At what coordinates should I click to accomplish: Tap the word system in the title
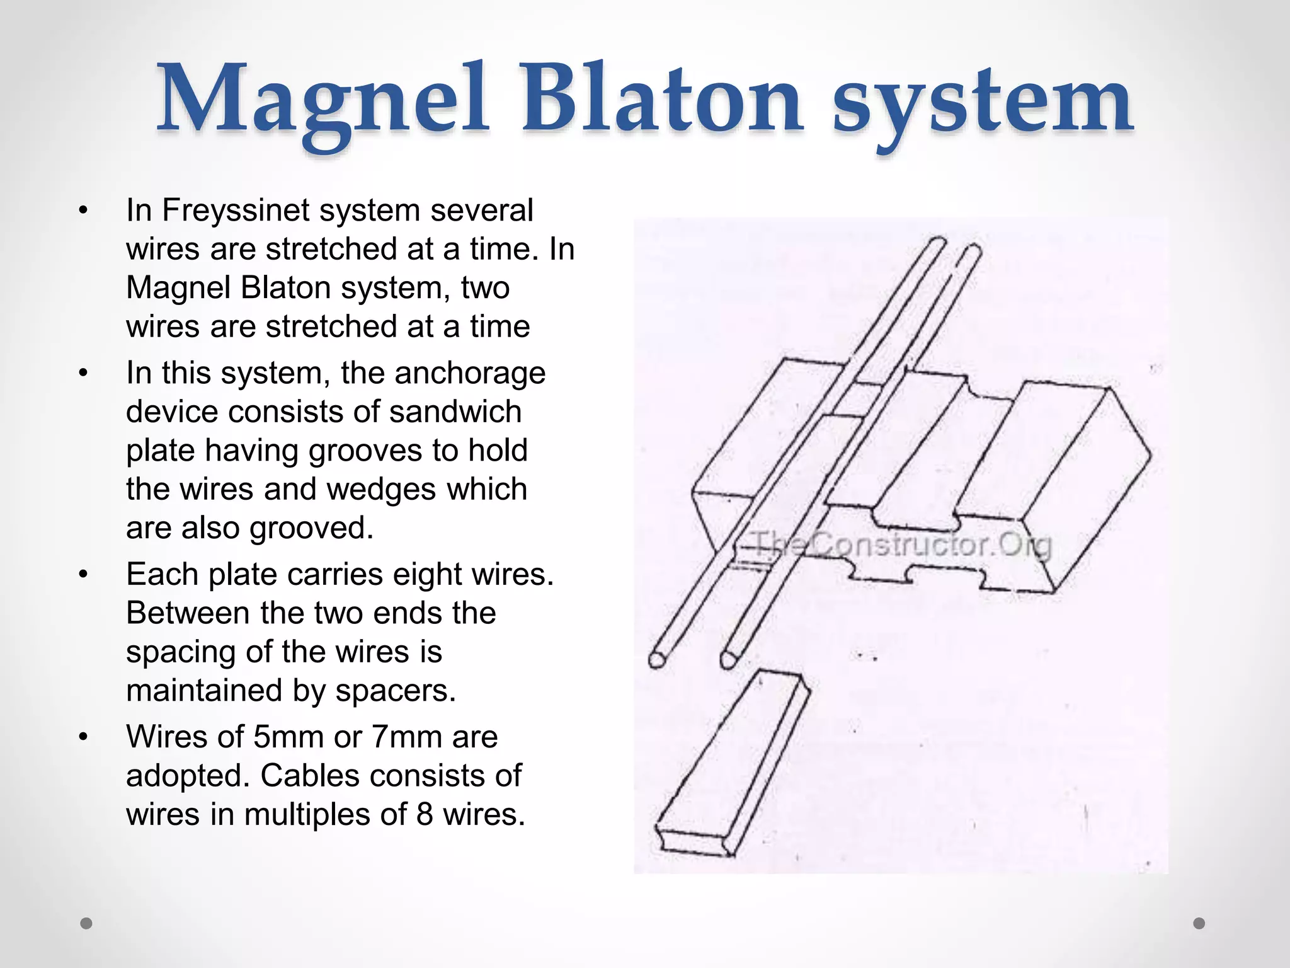(x=983, y=104)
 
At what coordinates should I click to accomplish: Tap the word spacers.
(x=396, y=691)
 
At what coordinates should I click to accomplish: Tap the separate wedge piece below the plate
(x=731, y=766)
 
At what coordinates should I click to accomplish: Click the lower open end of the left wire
(x=656, y=660)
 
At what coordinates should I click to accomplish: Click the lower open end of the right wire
(x=729, y=660)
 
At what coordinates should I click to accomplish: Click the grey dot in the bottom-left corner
(x=86, y=923)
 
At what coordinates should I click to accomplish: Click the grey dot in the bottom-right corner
(x=1199, y=923)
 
